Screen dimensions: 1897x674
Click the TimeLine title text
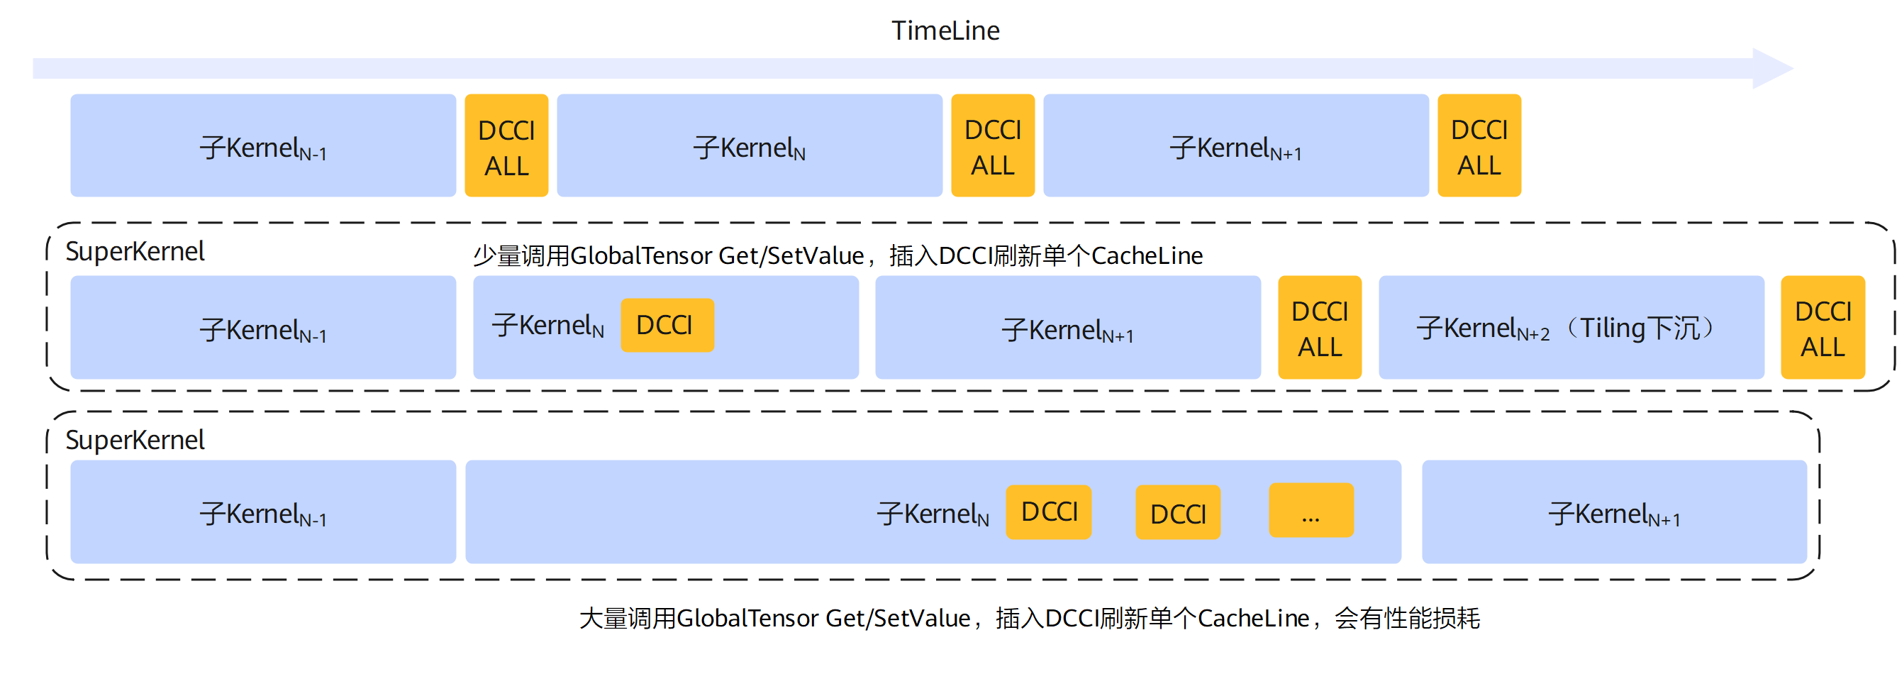(x=945, y=31)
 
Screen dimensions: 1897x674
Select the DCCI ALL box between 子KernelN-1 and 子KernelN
(x=506, y=145)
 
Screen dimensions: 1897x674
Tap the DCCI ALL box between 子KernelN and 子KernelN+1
(x=993, y=145)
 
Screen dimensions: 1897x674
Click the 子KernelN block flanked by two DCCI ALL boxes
(x=750, y=145)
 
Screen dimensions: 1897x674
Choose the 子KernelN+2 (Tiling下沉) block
(x=1571, y=327)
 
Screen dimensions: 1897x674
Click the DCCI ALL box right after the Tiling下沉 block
(x=1823, y=327)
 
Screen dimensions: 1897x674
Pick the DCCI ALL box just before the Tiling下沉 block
(x=1320, y=327)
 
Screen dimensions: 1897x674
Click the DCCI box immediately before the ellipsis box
(x=1177, y=512)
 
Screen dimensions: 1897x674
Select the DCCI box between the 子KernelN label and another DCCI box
(x=1049, y=512)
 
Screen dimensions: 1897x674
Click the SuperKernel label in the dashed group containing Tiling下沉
(x=135, y=252)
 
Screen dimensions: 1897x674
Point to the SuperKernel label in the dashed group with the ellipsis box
(x=135, y=441)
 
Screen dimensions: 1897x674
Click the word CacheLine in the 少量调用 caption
(x=1147, y=255)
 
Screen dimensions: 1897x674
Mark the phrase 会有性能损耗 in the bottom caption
(x=1406, y=618)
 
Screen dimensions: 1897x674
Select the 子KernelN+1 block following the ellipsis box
(x=1614, y=512)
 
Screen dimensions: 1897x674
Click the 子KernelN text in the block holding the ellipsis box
(x=933, y=514)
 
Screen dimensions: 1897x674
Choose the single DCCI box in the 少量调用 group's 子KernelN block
(x=667, y=325)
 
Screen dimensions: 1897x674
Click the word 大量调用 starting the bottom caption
(x=628, y=618)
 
